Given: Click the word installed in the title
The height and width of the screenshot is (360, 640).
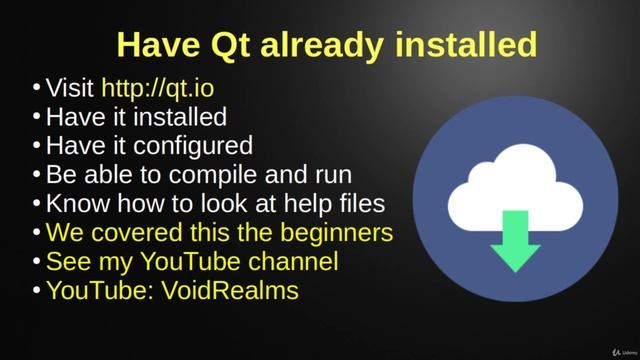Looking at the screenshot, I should tap(466, 44).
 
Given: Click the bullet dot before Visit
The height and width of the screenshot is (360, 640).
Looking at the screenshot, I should tap(36, 89).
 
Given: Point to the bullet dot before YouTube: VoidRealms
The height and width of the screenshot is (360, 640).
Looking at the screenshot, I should tap(36, 292).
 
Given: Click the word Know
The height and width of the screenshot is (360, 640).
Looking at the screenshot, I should tap(76, 204).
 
